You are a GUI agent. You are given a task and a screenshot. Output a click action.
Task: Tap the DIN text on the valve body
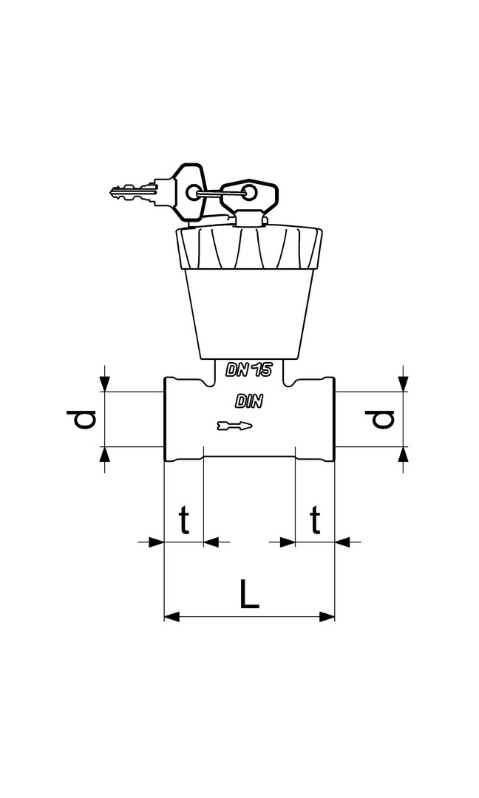click(x=249, y=401)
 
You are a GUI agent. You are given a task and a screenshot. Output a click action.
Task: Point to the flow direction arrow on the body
click(x=234, y=426)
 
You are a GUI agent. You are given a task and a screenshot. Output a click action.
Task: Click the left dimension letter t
click(x=184, y=519)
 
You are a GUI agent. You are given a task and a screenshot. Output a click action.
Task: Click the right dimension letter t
click(x=316, y=519)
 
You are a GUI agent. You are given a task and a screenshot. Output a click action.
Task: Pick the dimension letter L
click(x=249, y=593)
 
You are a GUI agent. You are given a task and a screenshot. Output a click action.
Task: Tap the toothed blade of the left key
click(x=132, y=192)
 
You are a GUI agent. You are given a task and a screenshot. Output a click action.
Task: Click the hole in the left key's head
click(x=193, y=192)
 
